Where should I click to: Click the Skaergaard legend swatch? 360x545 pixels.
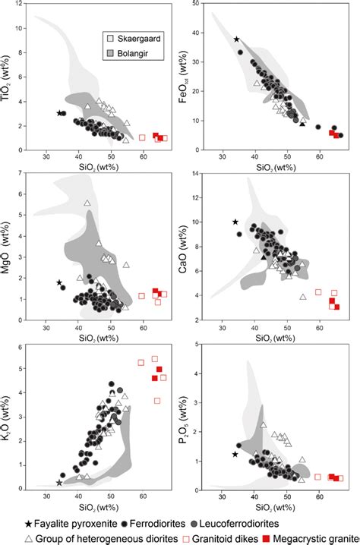[111, 37]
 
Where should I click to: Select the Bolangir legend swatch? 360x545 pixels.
[111, 52]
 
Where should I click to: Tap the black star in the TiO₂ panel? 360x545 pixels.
[60, 113]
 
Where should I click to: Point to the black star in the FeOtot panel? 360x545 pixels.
[237, 39]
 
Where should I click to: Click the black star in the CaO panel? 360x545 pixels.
[235, 222]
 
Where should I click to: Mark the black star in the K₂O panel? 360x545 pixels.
[59, 483]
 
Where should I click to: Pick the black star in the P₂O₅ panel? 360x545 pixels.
[235, 454]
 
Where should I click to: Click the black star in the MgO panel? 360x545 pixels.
[59, 283]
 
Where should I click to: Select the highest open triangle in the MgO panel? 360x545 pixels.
[87, 203]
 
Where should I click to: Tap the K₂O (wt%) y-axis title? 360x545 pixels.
[11, 438]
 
